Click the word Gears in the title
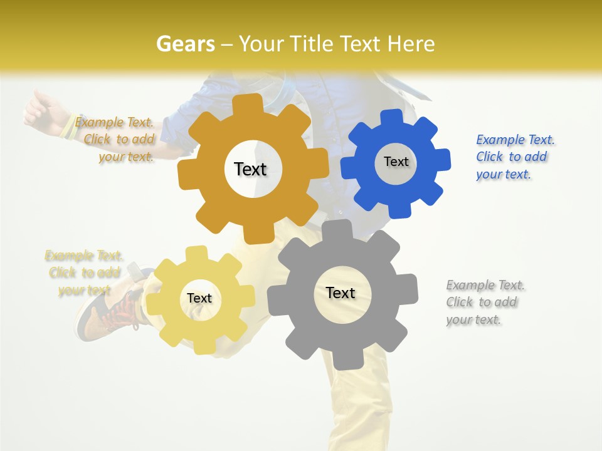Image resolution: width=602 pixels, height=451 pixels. point(185,44)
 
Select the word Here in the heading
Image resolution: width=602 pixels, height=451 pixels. point(411,44)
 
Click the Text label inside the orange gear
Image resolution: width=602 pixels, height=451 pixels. point(250,169)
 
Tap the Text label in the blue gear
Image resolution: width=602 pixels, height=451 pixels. point(396,162)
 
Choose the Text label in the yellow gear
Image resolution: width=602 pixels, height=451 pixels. point(199,298)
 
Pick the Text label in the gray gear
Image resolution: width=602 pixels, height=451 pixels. point(341,293)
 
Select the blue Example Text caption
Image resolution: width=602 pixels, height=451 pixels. point(515,157)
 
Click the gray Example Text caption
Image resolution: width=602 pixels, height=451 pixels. point(485,302)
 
